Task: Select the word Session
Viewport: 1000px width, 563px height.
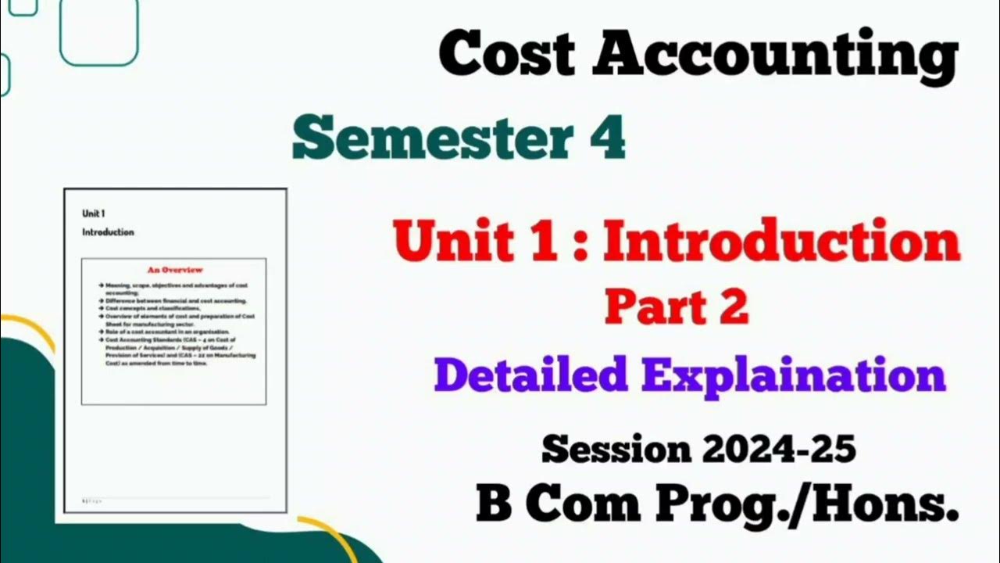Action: pos(616,449)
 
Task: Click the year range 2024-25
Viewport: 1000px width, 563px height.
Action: pos(778,449)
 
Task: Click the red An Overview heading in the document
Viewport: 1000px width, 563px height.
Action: pos(175,270)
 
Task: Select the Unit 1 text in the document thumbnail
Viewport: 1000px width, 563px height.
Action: pos(94,213)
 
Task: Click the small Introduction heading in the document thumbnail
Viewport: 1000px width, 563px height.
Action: pos(108,232)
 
